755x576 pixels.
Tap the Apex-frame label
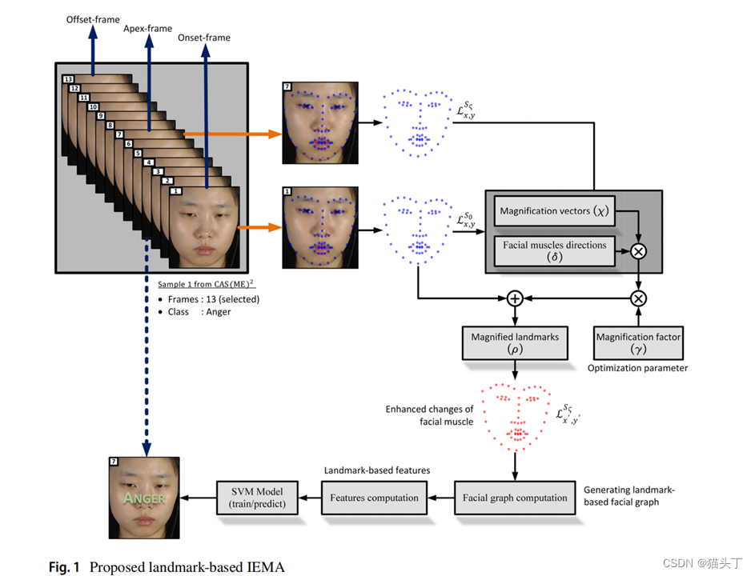pyautogui.click(x=147, y=29)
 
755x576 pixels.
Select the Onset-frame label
pyautogui.click(x=205, y=38)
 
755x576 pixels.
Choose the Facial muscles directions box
pyautogui.click(x=553, y=251)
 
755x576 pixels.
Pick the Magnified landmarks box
pyautogui.click(x=515, y=342)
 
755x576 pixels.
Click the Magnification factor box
pyautogui.click(x=638, y=342)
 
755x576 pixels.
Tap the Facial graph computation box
pyautogui.click(x=515, y=498)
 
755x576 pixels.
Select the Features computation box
pyautogui.click(x=374, y=498)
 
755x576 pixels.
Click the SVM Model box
pyautogui.click(x=256, y=498)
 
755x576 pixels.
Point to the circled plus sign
pyautogui.click(x=515, y=298)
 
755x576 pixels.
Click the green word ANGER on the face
pyautogui.click(x=143, y=498)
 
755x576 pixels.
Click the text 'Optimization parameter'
pyautogui.click(x=637, y=368)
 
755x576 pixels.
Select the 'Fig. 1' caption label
pyautogui.click(x=65, y=567)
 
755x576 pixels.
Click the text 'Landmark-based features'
pyautogui.click(x=376, y=470)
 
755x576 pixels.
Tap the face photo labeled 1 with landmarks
pyautogui.click(x=320, y=227)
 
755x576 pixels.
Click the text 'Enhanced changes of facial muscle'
pyautogui.click(x=430, y=414)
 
